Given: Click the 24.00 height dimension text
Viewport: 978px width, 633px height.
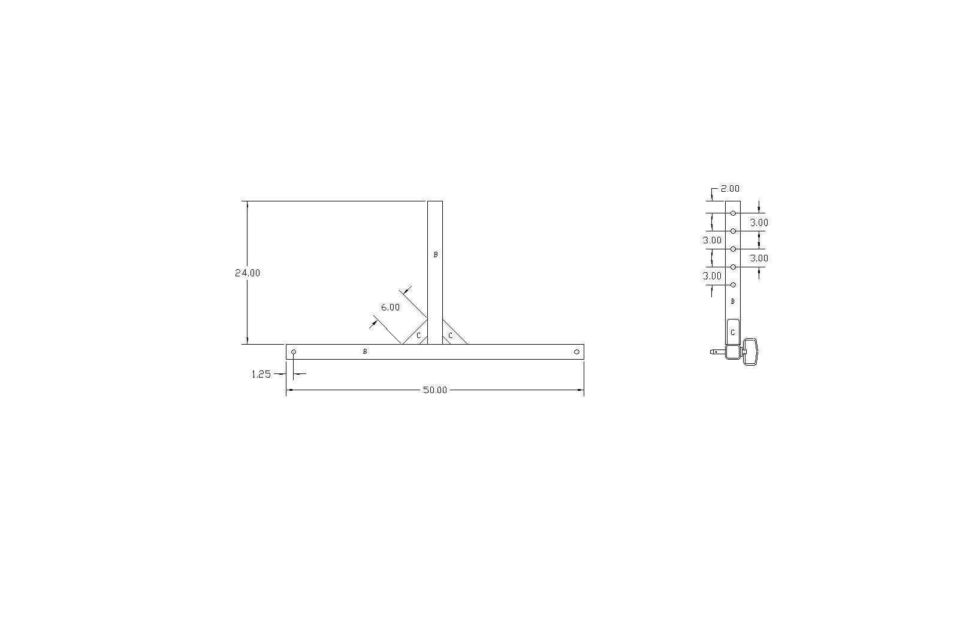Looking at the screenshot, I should point(247,273).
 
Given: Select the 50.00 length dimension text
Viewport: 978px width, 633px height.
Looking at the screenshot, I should point(435,390).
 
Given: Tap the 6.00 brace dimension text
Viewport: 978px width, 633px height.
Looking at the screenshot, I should point(390,308).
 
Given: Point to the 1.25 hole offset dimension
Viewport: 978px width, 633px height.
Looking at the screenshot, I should point(261,374).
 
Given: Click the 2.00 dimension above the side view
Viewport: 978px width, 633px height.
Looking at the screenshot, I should point(730,189).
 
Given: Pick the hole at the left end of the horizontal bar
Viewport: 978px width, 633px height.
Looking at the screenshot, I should point(294,352).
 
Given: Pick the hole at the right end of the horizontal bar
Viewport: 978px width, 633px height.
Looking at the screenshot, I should point(576,352).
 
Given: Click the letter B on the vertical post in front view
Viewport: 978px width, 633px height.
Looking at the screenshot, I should point(436,255).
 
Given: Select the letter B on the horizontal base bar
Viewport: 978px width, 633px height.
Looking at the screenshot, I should point(365,352).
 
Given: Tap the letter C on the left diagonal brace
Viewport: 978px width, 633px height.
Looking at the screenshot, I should point(418,336).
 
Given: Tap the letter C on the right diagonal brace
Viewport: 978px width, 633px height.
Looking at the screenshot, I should point(451,336).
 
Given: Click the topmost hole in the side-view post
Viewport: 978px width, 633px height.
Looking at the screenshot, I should point(733,213).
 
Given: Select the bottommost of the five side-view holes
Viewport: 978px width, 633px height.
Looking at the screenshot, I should point(733,285).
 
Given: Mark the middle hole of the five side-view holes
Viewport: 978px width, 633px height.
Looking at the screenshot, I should point(733,249).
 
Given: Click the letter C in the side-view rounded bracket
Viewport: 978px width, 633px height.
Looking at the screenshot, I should point(732,332).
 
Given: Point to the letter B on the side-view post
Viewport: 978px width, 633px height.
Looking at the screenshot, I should point(732,302).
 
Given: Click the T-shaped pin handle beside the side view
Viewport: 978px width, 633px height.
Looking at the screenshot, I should point(750,351).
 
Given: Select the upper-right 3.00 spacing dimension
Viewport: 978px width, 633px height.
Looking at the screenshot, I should point(759,222).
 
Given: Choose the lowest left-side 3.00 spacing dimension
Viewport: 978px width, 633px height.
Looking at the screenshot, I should point(712,276).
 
